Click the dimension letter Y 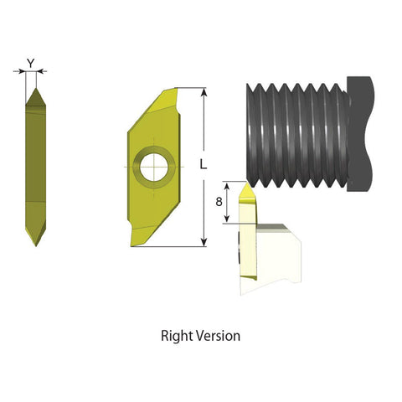click(x=31, y=62)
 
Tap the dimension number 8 click(x=219, y=202)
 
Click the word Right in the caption click(x=178, y=336)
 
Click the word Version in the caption click(x=219, y=336)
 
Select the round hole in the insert click(x=155, y=164)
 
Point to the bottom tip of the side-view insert click(x=36, y=244)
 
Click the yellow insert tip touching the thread click(x=246, y=194)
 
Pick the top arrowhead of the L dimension click(x=204, y=90)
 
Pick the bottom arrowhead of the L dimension click(x=204, y=244)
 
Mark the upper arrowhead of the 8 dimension click(x=228, y=184)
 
